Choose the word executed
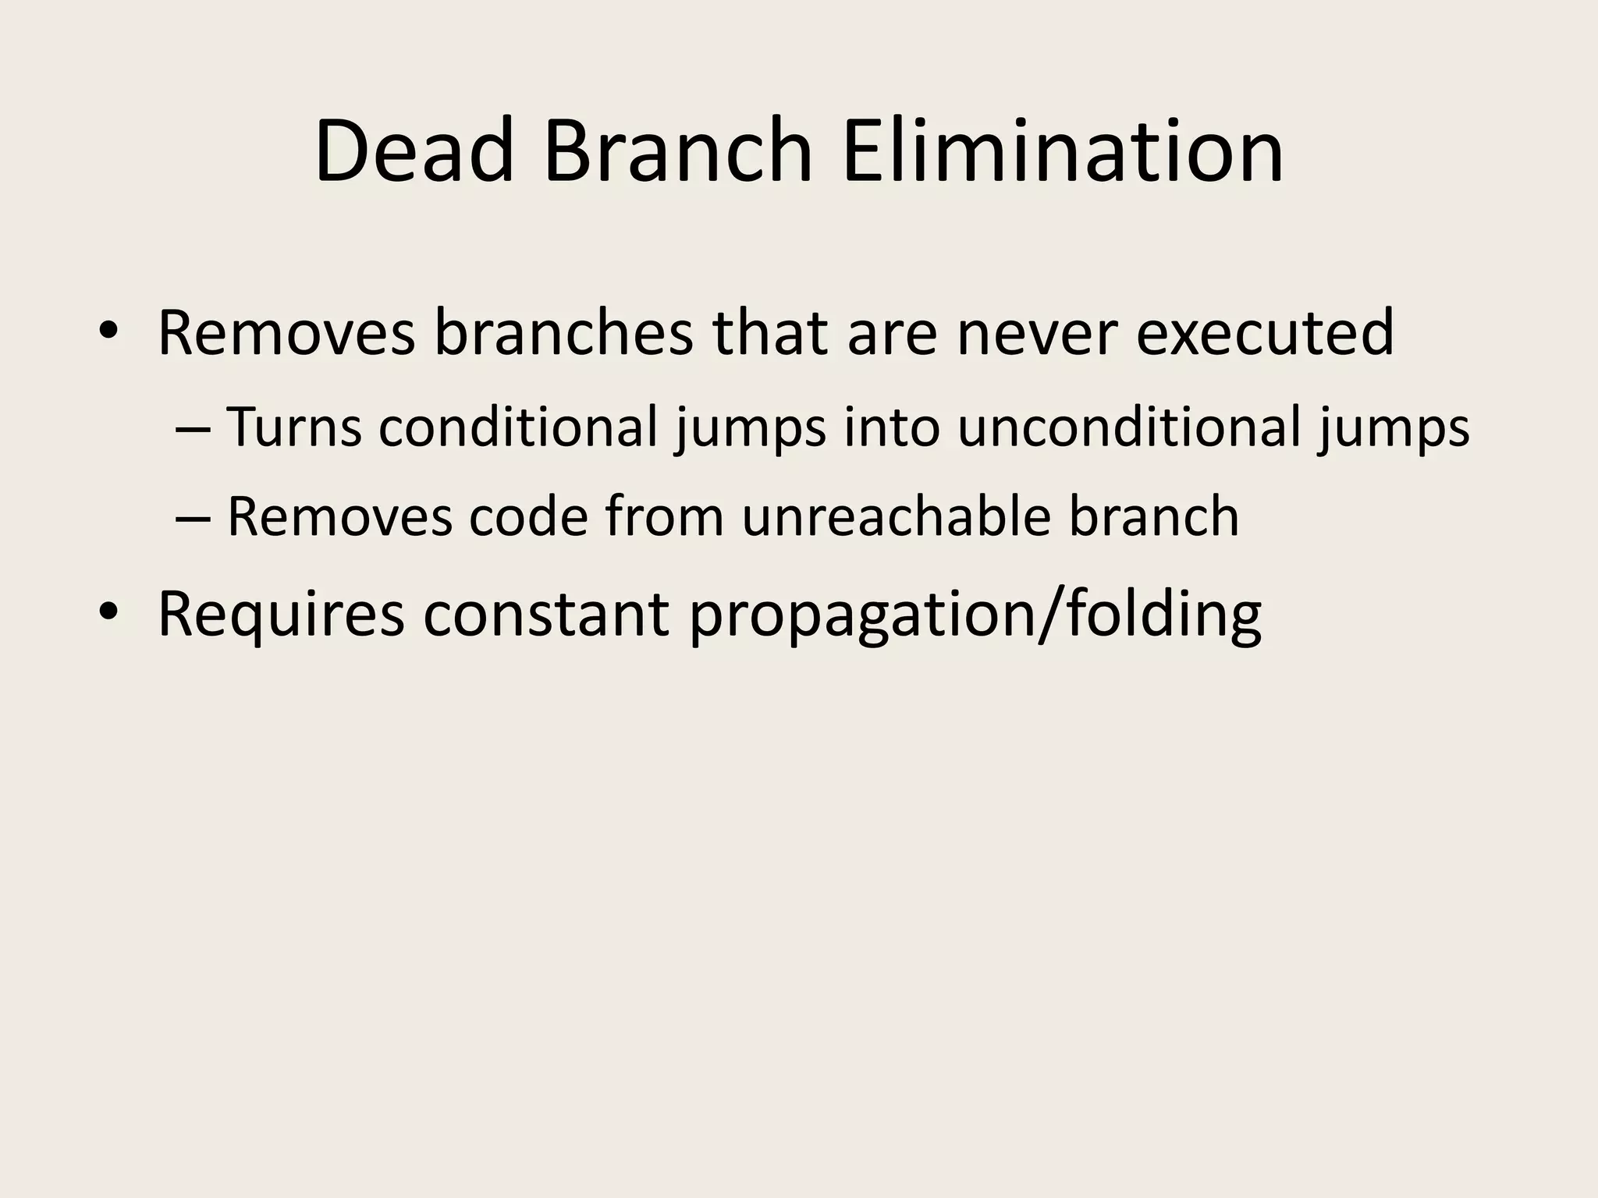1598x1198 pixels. [x=1264, y=333]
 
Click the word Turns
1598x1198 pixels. [x=294, y=427]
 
